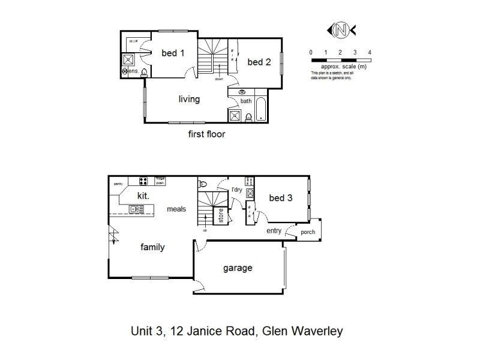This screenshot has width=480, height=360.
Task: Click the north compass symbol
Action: pos(340,28)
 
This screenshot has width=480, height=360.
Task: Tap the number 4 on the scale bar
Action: pos(370,52)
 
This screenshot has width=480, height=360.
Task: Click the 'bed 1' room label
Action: pos(173,53)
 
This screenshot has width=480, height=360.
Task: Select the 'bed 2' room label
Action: pos(259,62)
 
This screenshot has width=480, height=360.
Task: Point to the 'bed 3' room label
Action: pos(280,198)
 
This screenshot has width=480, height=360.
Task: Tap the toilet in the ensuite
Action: pos(143,71)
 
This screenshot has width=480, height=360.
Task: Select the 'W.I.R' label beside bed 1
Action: pos(133,40)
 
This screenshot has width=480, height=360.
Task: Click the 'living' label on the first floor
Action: pos(188,99)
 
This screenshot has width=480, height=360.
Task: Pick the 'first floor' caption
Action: pos(206,134)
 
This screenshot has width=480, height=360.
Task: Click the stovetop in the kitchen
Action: pos(144,181)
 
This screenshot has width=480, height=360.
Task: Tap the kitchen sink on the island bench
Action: pos(136,209)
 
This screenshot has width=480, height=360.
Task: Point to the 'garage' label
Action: pos(238,268)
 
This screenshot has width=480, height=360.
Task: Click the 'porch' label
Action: pos(308,232)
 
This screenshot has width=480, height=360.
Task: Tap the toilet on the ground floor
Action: pos(203,184)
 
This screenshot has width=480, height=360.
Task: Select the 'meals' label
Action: pos(176,209)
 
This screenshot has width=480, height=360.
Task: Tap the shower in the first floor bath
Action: pos(235,115)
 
